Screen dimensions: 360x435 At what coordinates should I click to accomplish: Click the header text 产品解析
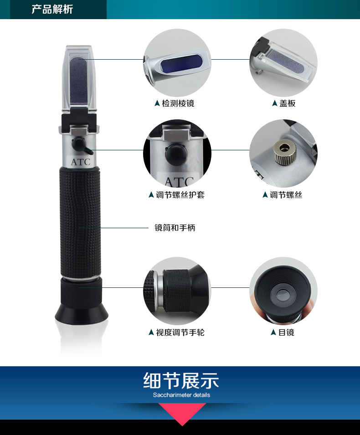[x=52, y=10]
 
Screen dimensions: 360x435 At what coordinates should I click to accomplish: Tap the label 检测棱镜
[x=178, y=103]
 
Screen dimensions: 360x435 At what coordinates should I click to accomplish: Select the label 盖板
[x=287, y=103]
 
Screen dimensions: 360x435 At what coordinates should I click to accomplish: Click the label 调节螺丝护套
[x=180, y=195]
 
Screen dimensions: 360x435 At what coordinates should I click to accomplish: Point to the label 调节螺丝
[x=286, y=195]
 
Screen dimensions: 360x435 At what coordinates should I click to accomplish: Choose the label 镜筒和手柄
[x=175, y=228]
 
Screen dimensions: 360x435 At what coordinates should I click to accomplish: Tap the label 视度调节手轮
[x=180, y=333]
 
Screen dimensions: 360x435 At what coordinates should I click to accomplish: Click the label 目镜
[x=286, y=333]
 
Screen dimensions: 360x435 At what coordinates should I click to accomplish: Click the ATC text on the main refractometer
[x=81, y=162]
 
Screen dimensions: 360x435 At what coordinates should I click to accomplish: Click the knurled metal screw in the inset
[x=284, y=152]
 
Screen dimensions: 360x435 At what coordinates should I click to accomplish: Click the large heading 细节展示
[x=181, y=381]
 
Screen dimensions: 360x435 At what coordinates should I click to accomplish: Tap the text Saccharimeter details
[x=181, y=395]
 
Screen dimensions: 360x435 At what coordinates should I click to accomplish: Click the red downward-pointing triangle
[x=182, y=413]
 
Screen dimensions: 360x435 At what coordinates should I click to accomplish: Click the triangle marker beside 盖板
[x=274, y=103]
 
